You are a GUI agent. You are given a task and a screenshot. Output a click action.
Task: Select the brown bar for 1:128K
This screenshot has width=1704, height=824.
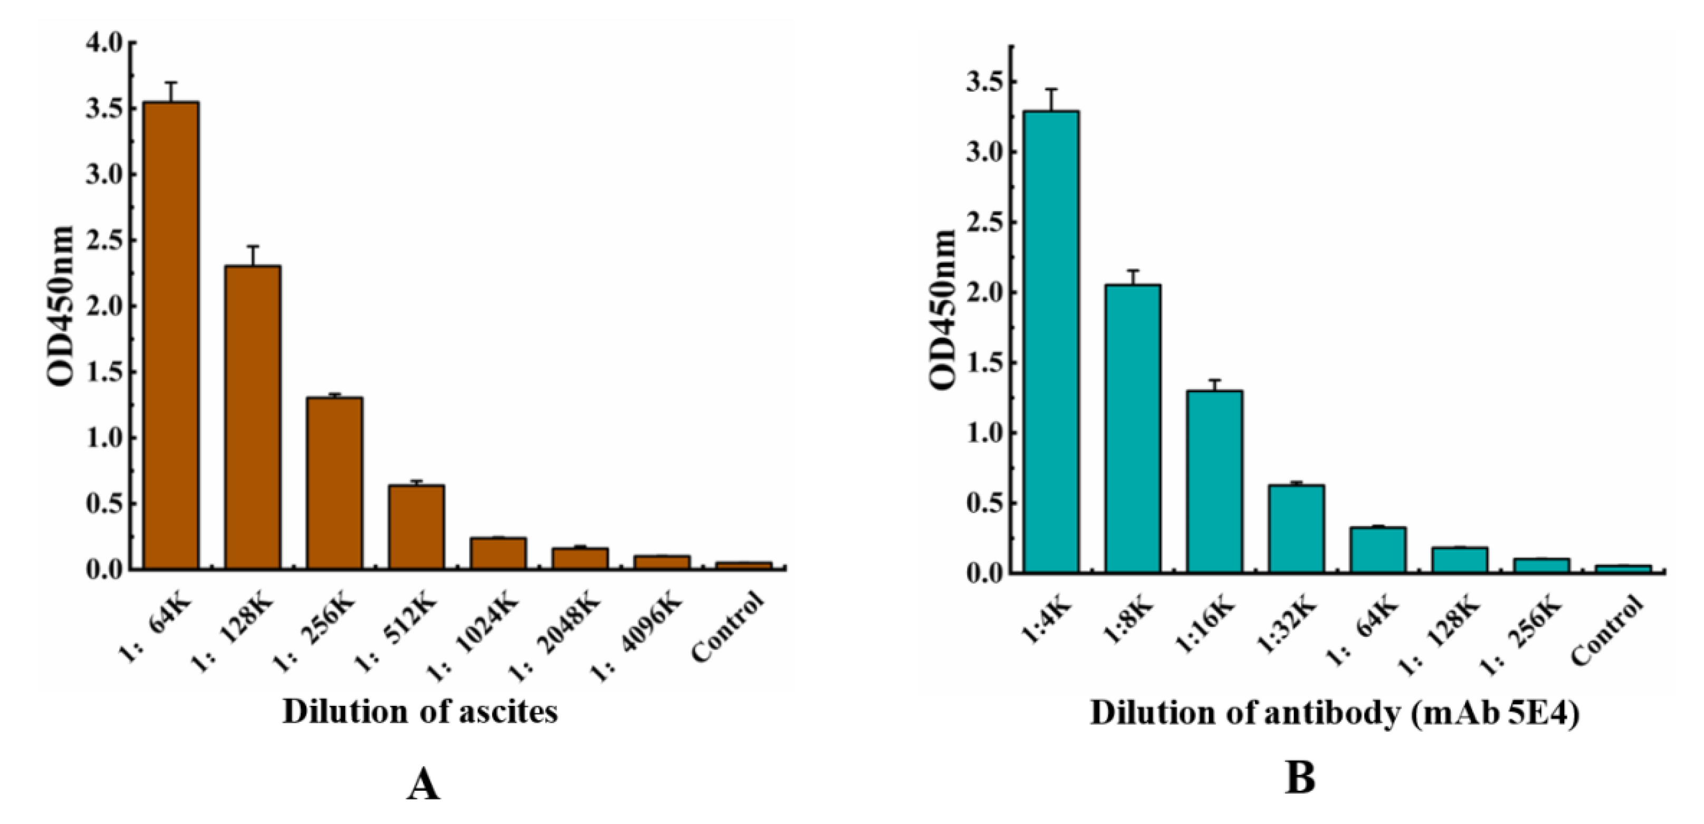pos(253,417)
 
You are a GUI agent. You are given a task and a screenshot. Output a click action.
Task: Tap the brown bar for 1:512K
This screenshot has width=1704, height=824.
pos(416,527)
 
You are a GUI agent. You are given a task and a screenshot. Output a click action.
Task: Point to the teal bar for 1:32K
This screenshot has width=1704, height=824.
pos(1297,529)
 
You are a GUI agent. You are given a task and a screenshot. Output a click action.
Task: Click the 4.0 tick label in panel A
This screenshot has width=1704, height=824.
pos(104,44)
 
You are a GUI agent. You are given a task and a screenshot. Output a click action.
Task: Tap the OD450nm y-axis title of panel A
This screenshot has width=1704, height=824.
pos(60,305)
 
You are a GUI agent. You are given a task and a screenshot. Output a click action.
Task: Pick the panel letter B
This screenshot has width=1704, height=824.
pos(1300,779)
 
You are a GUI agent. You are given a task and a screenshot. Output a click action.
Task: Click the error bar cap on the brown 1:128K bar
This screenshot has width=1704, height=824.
pos(253,246)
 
